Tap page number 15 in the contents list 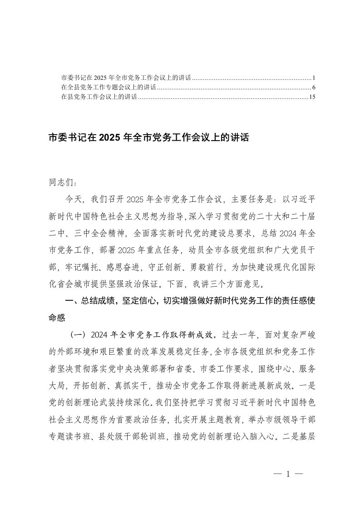[311, 97]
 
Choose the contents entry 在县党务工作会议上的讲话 [99, 97]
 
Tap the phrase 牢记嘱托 [83, 267]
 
